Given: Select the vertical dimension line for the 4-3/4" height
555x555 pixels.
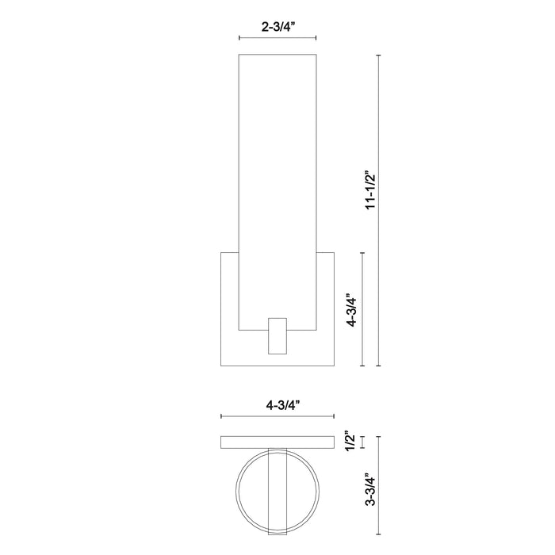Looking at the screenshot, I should (x=362, y=309).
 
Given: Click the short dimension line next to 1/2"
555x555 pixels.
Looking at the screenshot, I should (x=362, y=442).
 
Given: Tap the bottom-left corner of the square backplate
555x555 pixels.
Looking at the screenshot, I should (x=221, y=366).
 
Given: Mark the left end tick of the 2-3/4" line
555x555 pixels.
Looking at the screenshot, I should (x=239, y=38).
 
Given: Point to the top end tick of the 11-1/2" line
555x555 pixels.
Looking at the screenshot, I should (x=378, y=55).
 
